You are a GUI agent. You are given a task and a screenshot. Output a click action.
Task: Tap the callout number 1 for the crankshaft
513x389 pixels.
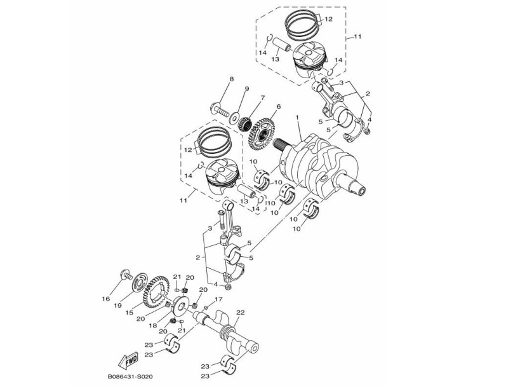[296, 118]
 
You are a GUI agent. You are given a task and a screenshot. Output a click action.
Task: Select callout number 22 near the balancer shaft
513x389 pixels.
[240, 312]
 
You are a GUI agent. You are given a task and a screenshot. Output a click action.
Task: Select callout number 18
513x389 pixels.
[153, 324]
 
